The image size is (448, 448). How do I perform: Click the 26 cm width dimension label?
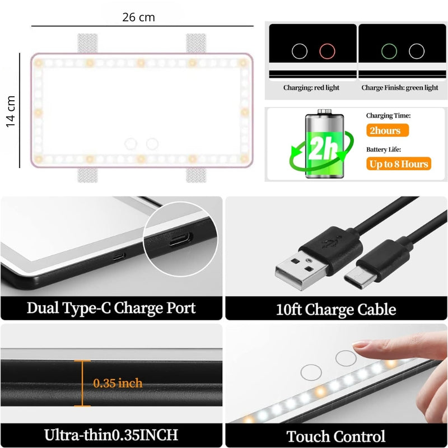(x=138, y=17)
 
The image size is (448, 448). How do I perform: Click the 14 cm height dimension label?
(x=11, y=111)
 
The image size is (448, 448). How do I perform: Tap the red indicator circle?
(x=327, y=52)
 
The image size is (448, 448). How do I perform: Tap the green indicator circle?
(x=389, y=52)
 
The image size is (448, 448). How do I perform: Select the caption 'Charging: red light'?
(x=311, y=87)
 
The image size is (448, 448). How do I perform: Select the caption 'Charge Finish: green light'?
(x=399, y=87)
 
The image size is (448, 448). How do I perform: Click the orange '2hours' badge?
(x=388, y=130)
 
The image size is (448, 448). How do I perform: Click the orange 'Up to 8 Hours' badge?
(x=399, y=164)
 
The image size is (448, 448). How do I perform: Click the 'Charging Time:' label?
(x=388, y=115)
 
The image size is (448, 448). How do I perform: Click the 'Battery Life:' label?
(x=384, y=150)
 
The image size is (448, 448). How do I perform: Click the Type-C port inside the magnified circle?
(x=180, y=240)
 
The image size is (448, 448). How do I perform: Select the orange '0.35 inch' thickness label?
(x=118, y=383)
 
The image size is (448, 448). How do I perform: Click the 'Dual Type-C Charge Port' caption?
(x=111, y=309)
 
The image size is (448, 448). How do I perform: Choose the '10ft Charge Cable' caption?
(x=336, y=310)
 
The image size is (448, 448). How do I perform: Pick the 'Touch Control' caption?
(x=335, y=436)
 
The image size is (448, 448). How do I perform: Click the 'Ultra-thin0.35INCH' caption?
(x=111, y=435)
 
